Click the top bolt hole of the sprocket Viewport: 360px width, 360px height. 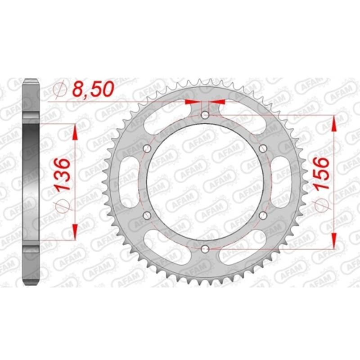point(205,116)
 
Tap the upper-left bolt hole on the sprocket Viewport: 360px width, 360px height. point(146,149)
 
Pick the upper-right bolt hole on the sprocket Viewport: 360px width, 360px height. point(264,149)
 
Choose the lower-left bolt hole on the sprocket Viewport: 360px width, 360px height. point(146,216)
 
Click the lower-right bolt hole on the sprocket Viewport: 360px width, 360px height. point(264,216)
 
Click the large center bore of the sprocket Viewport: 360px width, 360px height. point(205,182)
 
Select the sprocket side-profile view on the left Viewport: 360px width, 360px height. point(31,182)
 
